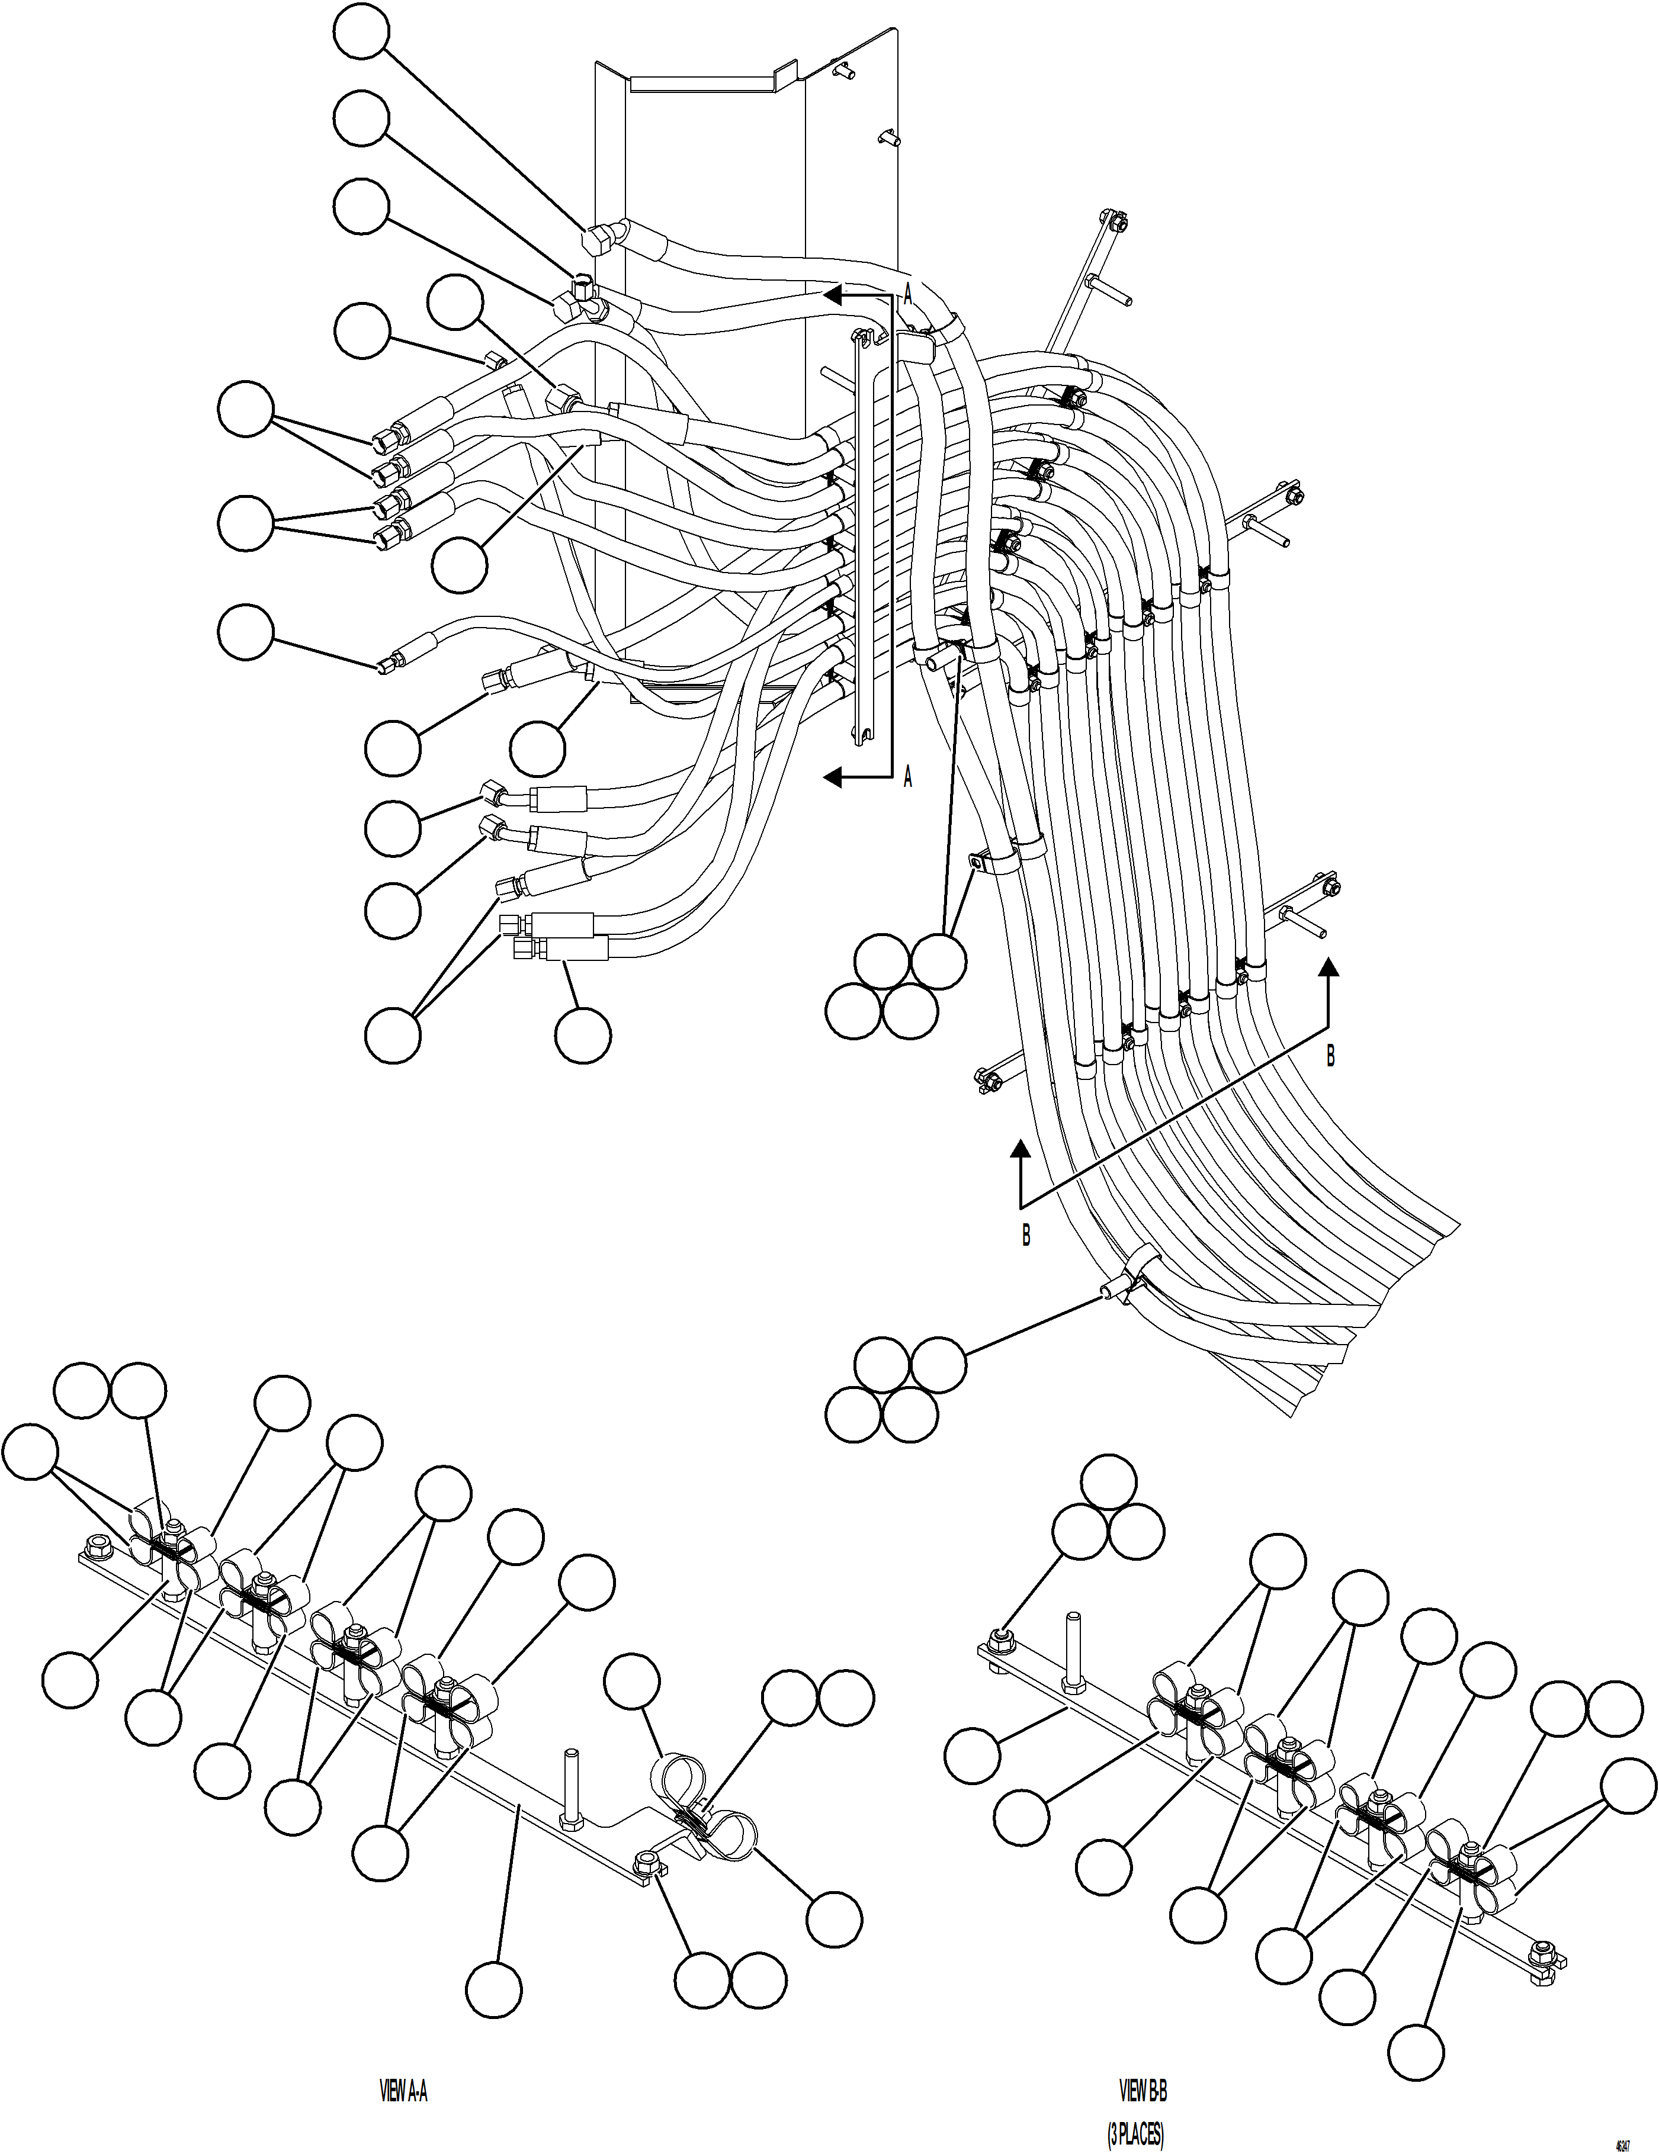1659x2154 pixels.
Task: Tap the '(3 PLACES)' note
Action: [x=1135, y=2129]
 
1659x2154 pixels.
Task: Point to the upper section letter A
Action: [x=907, y=294]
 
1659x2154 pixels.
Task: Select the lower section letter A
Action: [x=907, y=778]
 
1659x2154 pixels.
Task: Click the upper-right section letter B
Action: [x=1330, y=1056]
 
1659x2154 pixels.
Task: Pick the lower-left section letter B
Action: [x=1026, y=1235]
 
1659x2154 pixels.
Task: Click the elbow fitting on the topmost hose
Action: [x=598, y=239]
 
